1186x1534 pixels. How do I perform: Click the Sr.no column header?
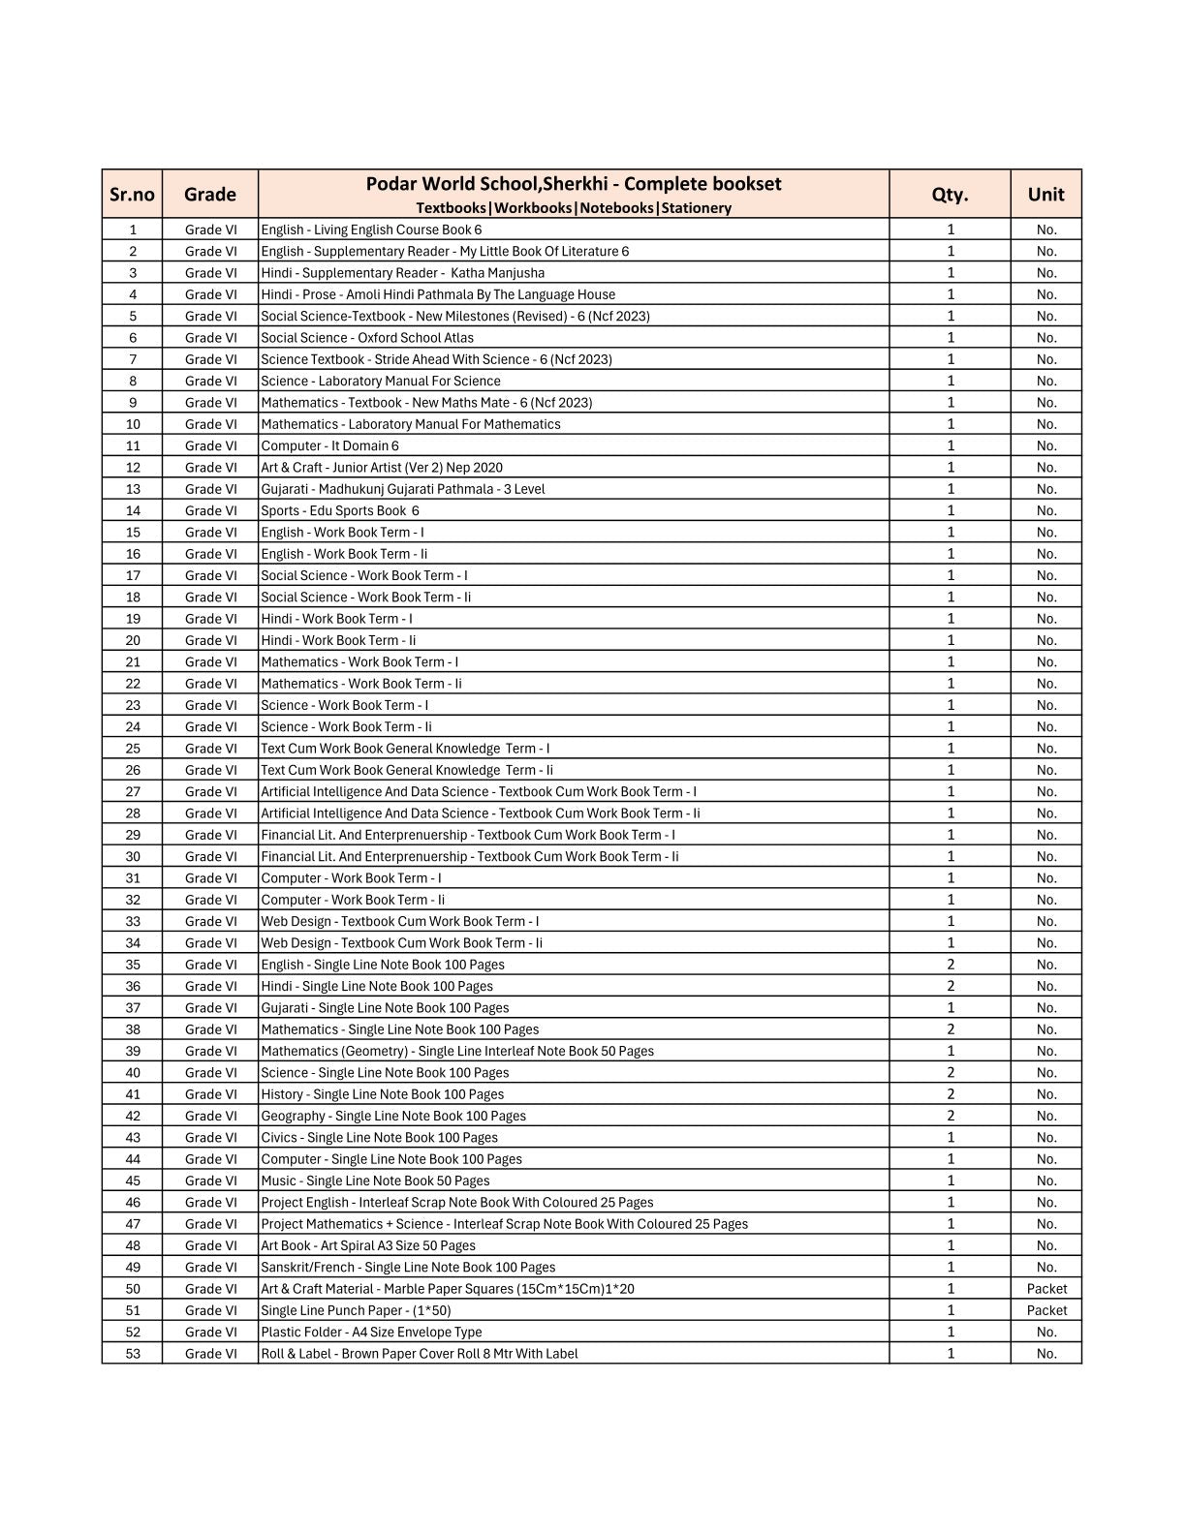[132, 195]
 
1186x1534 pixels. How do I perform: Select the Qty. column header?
[950, 195]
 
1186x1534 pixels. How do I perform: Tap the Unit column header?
[1046, 195]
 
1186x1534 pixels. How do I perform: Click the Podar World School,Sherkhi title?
[573, 184]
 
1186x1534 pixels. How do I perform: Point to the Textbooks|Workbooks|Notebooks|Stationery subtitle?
[573, 208]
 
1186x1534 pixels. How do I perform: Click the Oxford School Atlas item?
[367, 338]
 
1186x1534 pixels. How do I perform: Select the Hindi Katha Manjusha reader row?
[402, 273]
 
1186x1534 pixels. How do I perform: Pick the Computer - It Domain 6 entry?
[329, 446]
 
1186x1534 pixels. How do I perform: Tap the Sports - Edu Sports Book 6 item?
[339, 511]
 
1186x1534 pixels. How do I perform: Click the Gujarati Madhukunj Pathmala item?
[402, 489]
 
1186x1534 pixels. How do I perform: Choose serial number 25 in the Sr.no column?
[133, 749]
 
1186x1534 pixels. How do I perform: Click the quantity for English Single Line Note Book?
[951, 965]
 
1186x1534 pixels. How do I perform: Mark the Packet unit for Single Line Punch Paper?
[1046, 1310]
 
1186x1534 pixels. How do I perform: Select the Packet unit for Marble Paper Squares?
[1046, 1289]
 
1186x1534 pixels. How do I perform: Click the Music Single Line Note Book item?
[375, 1181]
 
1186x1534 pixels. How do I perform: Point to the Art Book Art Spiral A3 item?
[368, 1245]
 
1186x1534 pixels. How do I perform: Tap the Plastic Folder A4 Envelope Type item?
[371, 1333]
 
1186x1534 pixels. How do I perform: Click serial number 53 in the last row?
[133, 1354]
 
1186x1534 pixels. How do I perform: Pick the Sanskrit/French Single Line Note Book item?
[408, 1268]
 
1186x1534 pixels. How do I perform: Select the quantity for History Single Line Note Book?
[951, 1094]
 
